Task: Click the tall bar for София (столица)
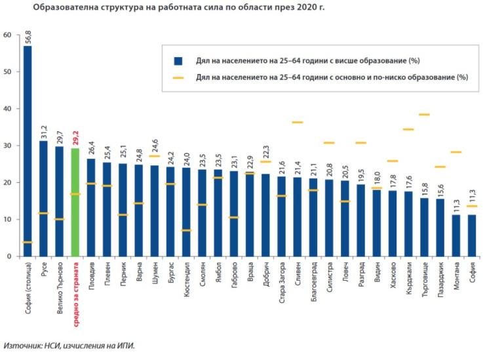coord(28,151)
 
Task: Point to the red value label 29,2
coord(75,139)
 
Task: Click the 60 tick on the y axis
coord(7,35)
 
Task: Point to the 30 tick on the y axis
coord(7,146)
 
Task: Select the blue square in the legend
coord(178,61)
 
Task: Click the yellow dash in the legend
coord(178,77)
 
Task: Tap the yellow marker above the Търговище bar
coord(423,115)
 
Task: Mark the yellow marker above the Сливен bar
coord(297,123)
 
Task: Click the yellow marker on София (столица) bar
coord(28,242)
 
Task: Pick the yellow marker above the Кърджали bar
coord(408,130)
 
